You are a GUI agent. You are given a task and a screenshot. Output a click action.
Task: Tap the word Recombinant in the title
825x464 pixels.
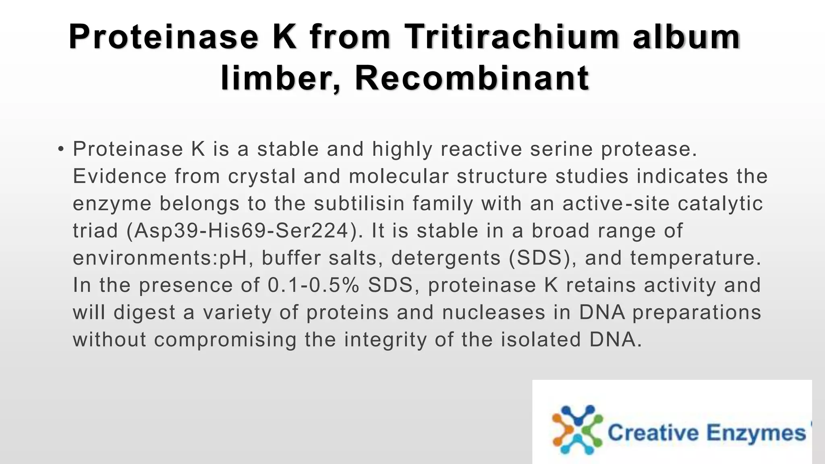[x=472, y=78]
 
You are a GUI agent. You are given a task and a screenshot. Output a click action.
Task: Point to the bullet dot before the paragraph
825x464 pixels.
[x=60, y=149]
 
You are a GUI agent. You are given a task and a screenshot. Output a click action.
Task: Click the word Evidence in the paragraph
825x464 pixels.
[x=120, y=176]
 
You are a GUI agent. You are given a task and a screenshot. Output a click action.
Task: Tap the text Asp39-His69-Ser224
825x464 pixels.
[x=242, y=231]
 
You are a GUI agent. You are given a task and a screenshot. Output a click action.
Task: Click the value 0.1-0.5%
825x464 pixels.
[x=313, y=285]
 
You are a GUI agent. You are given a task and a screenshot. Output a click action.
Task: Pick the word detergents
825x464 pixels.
[x=446, y=258]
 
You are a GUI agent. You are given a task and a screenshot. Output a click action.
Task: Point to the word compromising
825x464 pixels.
[x=225, y=340]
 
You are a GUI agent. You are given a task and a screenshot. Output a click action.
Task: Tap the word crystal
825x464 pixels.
[x=262, y=176]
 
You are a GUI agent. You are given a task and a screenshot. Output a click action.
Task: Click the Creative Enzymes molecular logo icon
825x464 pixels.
[x=577, y=430]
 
